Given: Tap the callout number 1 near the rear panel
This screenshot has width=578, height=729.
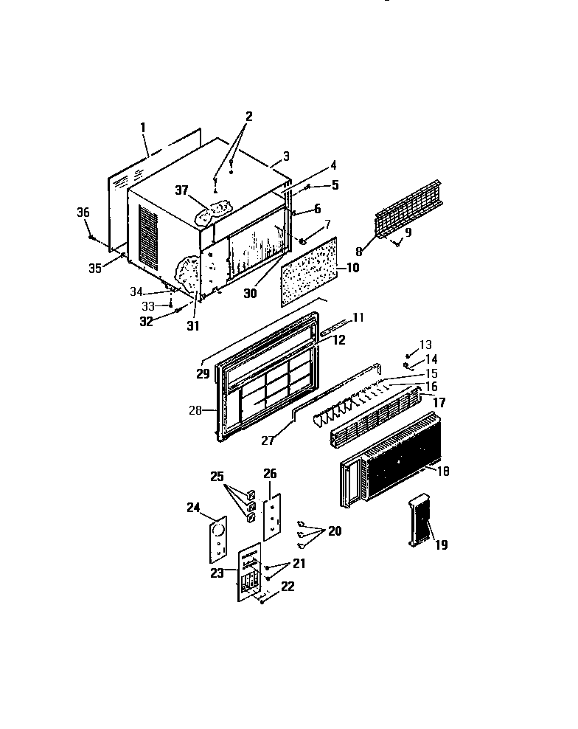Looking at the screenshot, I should click(x=142, y=128).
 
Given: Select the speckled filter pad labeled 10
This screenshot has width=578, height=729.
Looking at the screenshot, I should click(x=310, y=271).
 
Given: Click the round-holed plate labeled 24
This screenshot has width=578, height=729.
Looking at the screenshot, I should click(x=218, y=543).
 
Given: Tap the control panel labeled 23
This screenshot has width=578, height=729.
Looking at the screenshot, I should click(x=251, y=573).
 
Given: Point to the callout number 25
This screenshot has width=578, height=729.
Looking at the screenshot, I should click(x=217, y=477).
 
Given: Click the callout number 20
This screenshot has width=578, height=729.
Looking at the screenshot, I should click(x=335, y=531).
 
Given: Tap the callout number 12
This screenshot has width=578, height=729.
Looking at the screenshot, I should click(x=338, y=340).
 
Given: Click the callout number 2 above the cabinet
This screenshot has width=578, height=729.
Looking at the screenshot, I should click(x=248, y=116).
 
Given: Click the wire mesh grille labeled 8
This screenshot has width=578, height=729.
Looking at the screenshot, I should click(x=410, y=207).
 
